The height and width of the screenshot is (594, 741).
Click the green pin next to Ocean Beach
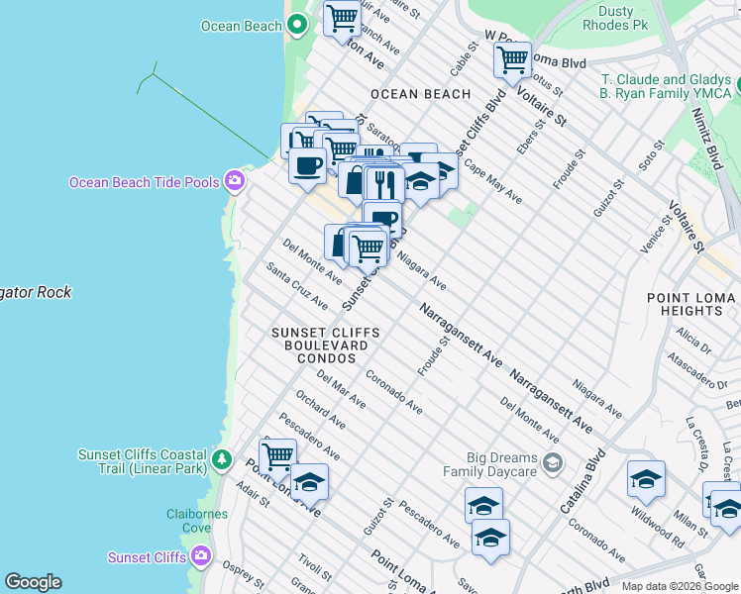coord(296,27)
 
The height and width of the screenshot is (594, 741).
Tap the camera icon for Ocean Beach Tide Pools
coord(235,180)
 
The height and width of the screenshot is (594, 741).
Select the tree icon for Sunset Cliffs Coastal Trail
coord(223,460)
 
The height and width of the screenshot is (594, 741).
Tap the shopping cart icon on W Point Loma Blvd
coord(512,60)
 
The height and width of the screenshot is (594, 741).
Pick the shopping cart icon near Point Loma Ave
coord(278,456)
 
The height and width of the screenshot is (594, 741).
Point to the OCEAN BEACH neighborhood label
coord(420,94)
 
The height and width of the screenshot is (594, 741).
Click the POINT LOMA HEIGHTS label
coord(691,304)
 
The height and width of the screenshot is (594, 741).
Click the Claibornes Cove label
coord(197,521)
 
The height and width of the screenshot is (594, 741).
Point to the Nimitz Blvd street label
coord(712,143)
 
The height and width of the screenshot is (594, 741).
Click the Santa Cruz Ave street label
coord(297,284)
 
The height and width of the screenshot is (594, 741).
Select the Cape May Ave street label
coord(492,183)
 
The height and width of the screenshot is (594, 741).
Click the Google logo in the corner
coord(33,582)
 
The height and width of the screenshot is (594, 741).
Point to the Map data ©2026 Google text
coord(679,586)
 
